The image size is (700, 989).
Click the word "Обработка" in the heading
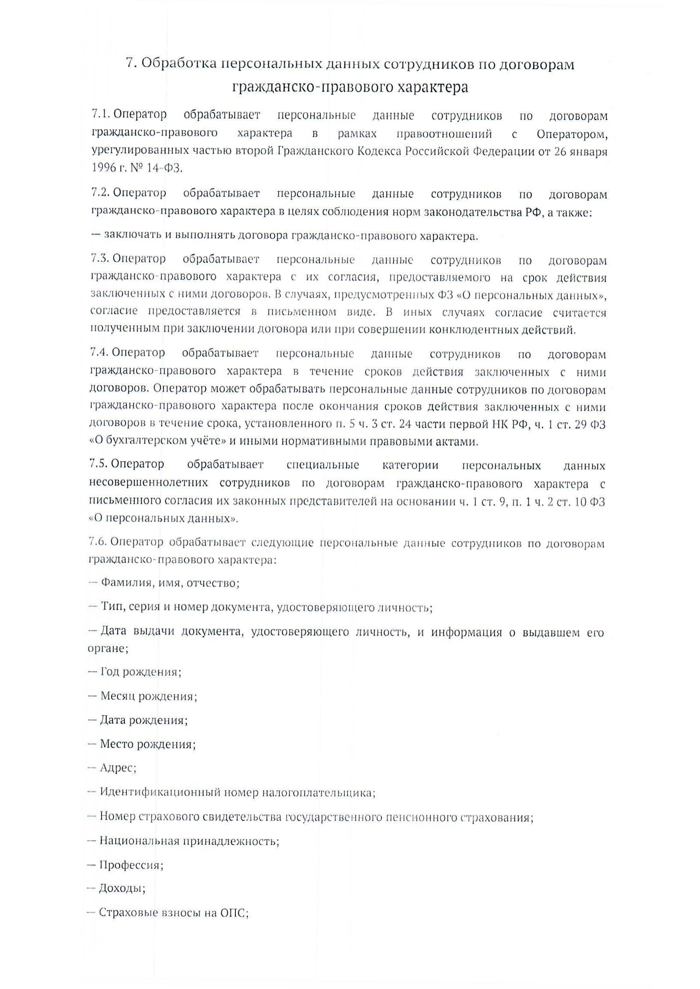coord(179,64)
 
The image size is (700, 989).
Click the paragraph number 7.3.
coord(100,259)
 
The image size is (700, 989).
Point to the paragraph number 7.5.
coord(99,464)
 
